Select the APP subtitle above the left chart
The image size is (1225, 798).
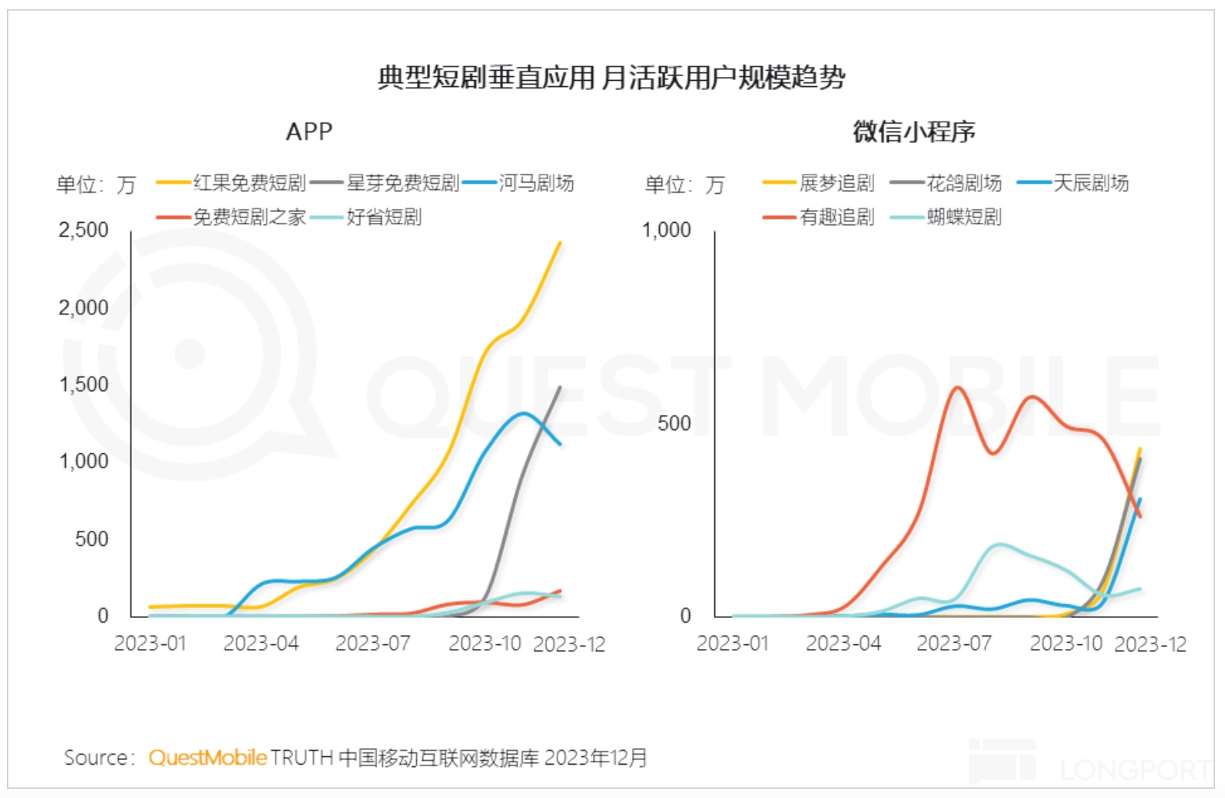(309, 132)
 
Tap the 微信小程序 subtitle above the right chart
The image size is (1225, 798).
(914, 132)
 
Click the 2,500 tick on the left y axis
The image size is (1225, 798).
(84, 231)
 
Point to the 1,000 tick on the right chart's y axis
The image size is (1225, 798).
(666, 231)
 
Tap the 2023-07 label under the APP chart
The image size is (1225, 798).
(373, 644)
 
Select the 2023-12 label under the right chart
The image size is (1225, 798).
(1150, 644)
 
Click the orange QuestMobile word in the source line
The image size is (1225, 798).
(207, 758)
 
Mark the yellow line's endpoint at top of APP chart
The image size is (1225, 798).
(560, 243)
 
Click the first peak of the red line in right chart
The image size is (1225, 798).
(956, 387)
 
